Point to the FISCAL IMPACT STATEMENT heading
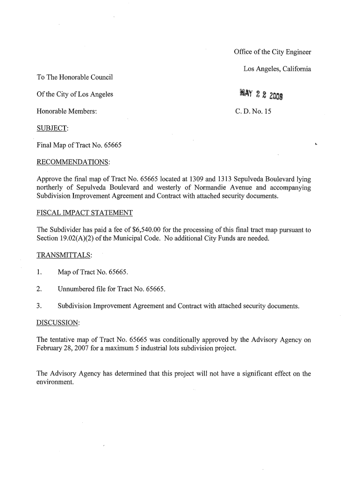click(85, 213)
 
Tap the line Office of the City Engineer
click(273, 52)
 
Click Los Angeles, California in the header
click(277, 69)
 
